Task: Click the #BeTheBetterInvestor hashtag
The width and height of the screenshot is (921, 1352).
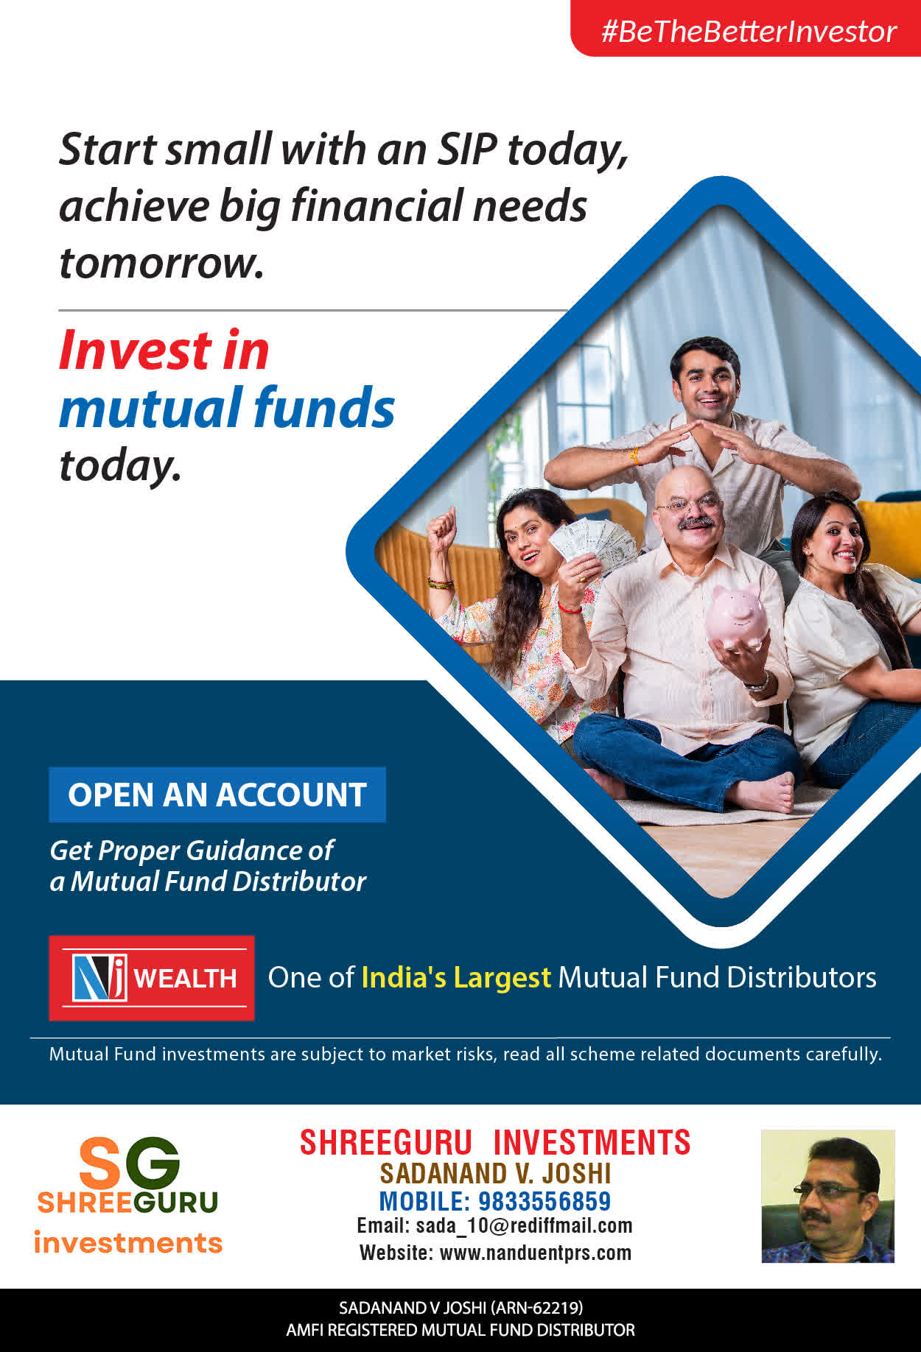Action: [749, 32]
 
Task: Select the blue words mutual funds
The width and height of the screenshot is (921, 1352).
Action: [227, 407]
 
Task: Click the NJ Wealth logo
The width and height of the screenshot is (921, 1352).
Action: [152, 978]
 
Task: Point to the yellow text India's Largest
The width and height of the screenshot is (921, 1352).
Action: [456, 977]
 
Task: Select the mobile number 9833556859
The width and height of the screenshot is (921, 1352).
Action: [544, 1201]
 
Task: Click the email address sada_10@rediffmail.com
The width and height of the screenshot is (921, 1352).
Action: [524, 1226]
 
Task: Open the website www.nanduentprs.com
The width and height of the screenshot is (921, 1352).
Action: [536, 1253]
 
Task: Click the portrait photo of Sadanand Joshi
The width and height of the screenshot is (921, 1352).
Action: [827, 1197]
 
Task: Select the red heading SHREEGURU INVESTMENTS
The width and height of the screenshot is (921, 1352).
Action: [495, 1143]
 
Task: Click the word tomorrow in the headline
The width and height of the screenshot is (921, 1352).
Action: [161, 263]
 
